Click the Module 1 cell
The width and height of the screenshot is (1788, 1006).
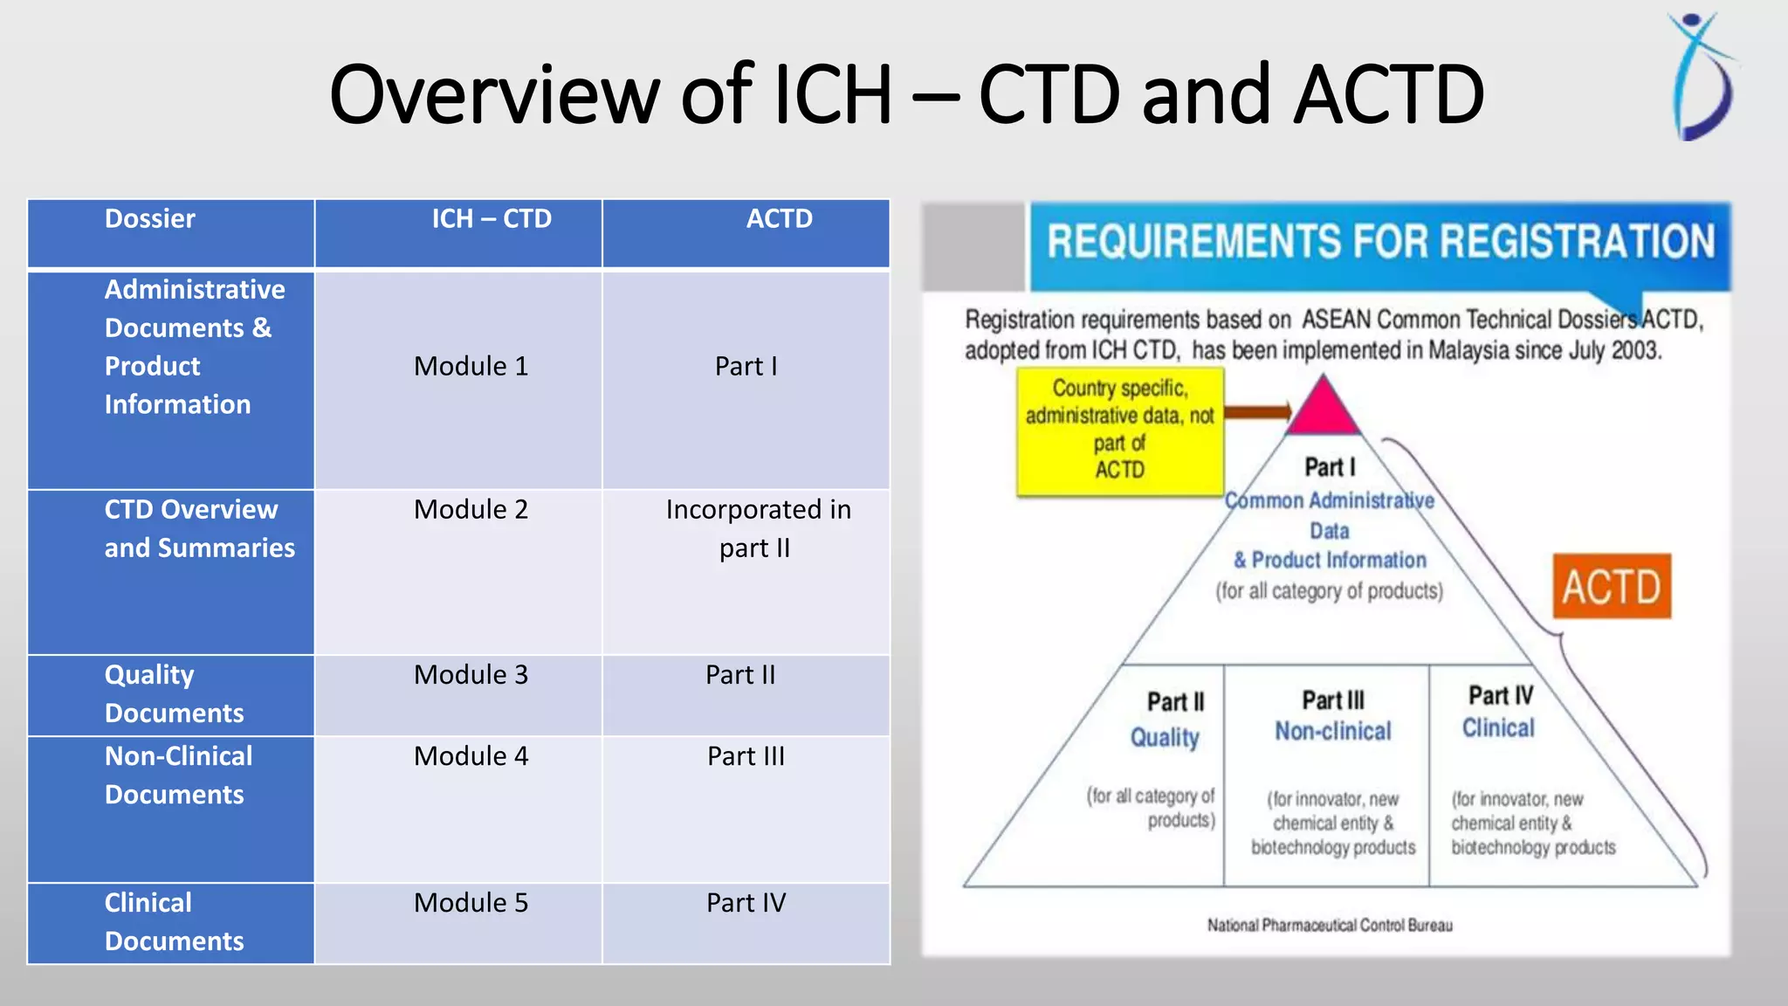pyautogui.click(x=471, y=367)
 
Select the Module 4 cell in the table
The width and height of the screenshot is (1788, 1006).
pyautogui.click(x=471, y=756)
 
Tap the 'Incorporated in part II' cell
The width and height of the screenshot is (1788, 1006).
pyautogui.click(x=757, y=528)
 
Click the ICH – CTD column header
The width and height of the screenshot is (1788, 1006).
pyautogui.click(x=492, y=219)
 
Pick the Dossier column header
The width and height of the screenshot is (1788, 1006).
pyautogui.click(x=150, y=219)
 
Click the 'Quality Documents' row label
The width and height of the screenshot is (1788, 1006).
pyautogui.click(x=173, y=694)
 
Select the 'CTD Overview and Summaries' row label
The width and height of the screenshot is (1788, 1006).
pyautogui.click(x=199, y=528)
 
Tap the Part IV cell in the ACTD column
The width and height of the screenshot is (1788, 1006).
pyautogui.click(x=746, y=903)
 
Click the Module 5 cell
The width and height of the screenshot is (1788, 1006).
pyautogui.click(x=471, y=903)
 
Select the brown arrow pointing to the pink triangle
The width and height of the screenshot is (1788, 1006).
pyautogui.click(x=1257, y=411)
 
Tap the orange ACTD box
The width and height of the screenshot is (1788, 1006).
pyautogui.click(x=1611, y=587)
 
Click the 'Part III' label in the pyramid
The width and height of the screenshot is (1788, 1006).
pyautogui.click(x=1332, y=700)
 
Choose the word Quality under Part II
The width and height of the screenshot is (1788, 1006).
pyautogui.click(x=1165, y=738)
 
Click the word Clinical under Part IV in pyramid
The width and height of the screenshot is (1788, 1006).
pyautogui.click(x=1498, y=728)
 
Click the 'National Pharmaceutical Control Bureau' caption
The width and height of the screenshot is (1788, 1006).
pyautogui.click(x=1330, y=926)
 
